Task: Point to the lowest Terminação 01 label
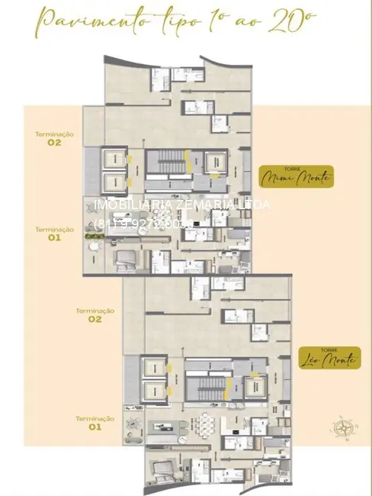pos(95,422)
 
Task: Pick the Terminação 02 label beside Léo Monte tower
pos(95,314)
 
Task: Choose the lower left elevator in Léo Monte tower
pos(153,391)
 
